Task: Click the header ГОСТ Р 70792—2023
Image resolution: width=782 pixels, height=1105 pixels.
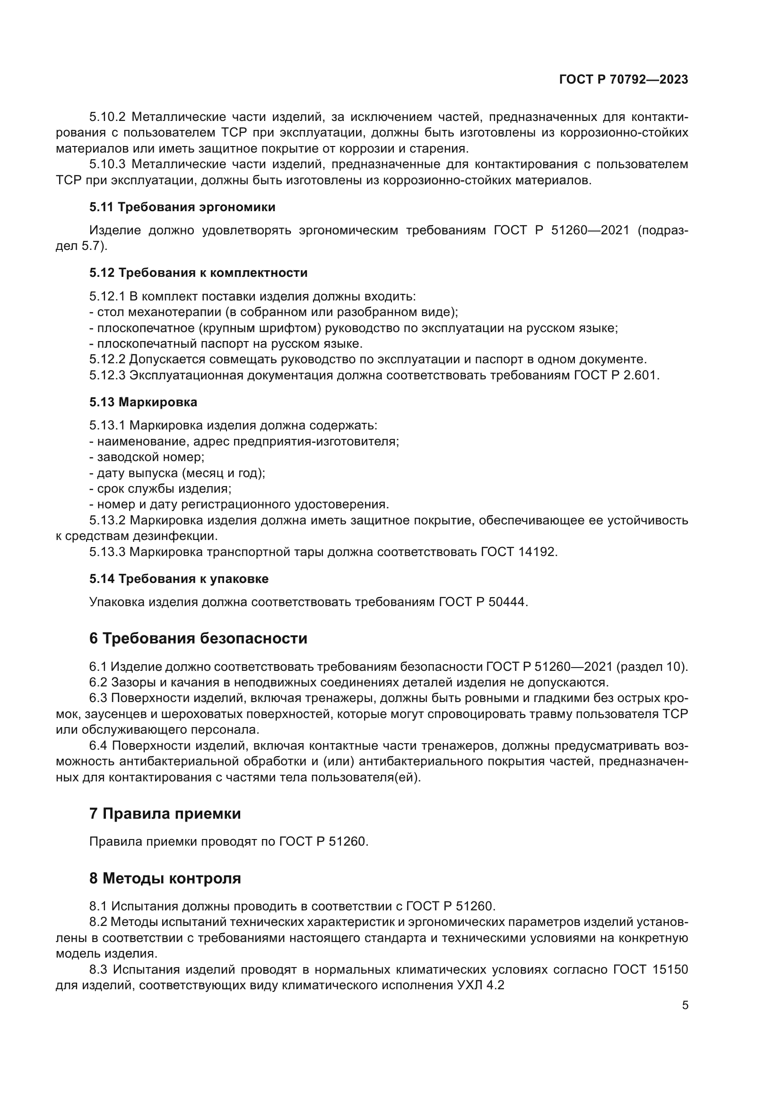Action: (x=624, y=80)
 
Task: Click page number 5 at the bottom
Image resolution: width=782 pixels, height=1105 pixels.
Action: (x=685, y=1005)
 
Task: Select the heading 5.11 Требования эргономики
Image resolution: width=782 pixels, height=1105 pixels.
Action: (x=182, y=207)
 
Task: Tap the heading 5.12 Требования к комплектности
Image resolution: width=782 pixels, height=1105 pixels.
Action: (x=198, y=273)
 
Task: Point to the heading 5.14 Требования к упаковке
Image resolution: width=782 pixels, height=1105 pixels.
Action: (x=179, y=579)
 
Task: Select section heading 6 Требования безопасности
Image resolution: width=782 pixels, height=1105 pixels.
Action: (x=198, y=639)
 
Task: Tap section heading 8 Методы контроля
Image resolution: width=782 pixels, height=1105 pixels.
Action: (x=165, y=878)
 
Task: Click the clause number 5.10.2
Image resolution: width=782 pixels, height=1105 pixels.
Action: (x=107, y=117)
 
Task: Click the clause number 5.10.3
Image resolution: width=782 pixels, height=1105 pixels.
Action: (x=107, y=164)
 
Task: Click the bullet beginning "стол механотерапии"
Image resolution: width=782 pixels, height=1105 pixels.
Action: (x=273, y=312)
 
